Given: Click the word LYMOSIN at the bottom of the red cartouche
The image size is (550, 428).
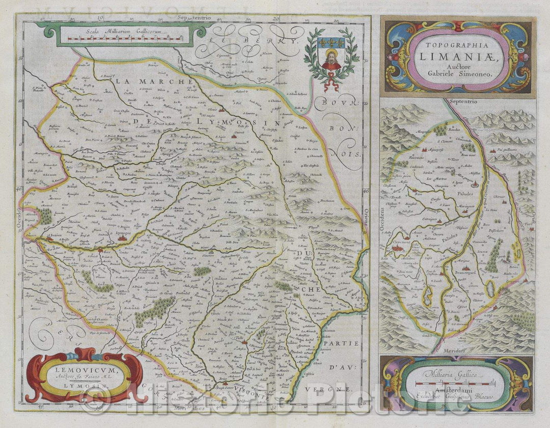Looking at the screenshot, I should pyautogui.click(x=81, y=386).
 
